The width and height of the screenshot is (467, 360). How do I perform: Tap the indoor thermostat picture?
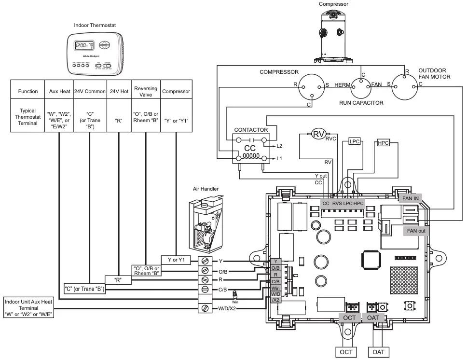(95, 55)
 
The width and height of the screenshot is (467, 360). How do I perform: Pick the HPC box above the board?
(383, 143)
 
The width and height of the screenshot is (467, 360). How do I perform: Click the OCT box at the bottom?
(346, 352)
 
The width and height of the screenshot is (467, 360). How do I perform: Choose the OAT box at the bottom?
(379, 352)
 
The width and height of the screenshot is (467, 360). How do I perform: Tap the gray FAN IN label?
(411, 197)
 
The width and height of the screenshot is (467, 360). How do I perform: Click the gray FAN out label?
(416, 231)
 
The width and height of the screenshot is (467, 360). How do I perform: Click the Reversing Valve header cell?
(145, 91)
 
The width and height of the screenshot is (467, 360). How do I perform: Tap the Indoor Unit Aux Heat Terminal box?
(28, 307)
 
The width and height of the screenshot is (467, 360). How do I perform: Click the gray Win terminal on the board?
(275, 288)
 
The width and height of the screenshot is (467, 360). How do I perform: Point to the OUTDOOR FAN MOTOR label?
(434, 73)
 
